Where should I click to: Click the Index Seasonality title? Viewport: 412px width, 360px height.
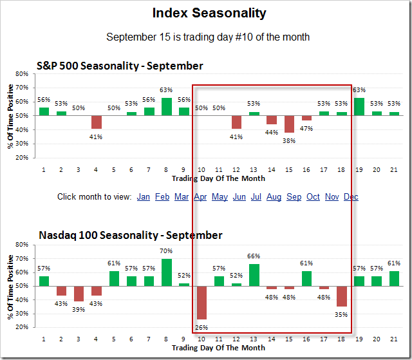pyautogui.click(x=209, y=13)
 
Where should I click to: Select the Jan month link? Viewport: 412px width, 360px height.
pyautogui.click(x=144, y=196)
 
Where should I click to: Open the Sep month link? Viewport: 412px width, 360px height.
pyautogui.click(x=294, y=196)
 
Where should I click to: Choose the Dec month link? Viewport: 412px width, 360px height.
pyautogui.click(x=351, y=196)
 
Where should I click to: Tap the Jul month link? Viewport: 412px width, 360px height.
pyautogui.click(x=256, y=196)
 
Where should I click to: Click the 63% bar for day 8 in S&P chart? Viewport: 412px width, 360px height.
pyautogui.click(x=166, y=106)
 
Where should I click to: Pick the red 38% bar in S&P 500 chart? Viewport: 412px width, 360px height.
pyautogui.click(x=289, y=124)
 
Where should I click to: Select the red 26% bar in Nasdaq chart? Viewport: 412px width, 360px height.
pyautogui.click(x=201, y=302)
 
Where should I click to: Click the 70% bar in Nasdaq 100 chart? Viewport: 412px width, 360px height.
pyautogui.click(x=166, y=272)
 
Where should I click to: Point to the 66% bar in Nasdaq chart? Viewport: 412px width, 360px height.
pyautogui.click(x=254, y=275)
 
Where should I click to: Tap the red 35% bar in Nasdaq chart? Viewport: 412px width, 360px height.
pyautogui.click(x=342, y=296)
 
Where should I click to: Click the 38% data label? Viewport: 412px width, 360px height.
pyautogui.click(x=289, y=140)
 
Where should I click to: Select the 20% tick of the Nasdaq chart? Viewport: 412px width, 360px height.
pyautogui.click(x=23, y=327)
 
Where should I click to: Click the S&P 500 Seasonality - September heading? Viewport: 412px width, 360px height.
pyautogui.click(x=120, y=66)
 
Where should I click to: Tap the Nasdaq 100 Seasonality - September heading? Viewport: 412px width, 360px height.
pyautogui.click(x=129, y=235)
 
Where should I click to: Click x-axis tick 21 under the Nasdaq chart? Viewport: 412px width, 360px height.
pyautogui.click(x=394, y=339)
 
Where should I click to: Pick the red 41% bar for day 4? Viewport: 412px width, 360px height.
pyautogui.click(x=97, y=122)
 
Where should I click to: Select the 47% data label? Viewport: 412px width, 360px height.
pyautogui.click(x=306, y=128)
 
